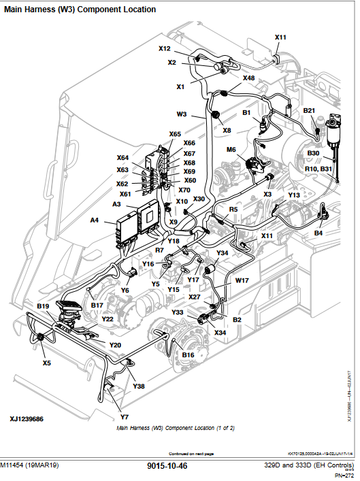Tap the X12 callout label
[x=165, y=49]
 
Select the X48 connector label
[x=248, y=78]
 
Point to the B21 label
[x=309, y=110]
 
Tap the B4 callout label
[x=318, y=233]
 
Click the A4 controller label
[x=95, y=220]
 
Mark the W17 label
[x=242, y=280]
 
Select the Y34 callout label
[x=222, y=252]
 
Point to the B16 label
[x=188, y=354]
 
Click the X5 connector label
[x=46, y=363]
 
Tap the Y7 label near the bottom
[x=125, y=416]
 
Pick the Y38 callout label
[x=138, y=386]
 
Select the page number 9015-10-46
[x=167, y=467]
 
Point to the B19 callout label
[x=43, y=307]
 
